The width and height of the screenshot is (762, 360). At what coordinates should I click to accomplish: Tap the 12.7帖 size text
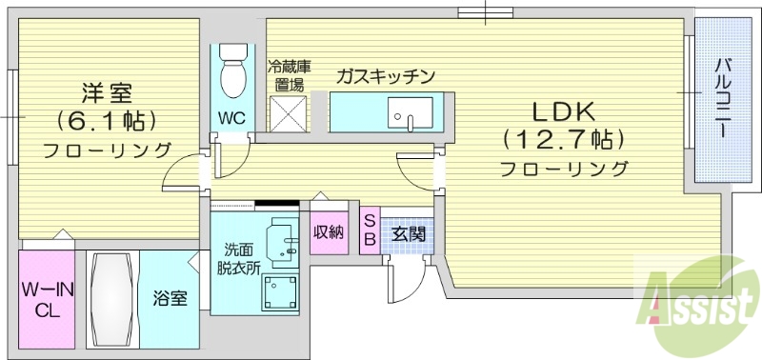564,139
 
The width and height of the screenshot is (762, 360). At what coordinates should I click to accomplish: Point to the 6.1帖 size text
106,121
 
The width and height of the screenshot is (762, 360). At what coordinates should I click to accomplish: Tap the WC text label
231,119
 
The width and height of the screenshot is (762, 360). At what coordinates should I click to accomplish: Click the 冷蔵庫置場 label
288,75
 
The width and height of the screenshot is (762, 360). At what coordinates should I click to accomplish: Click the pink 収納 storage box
329,231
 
